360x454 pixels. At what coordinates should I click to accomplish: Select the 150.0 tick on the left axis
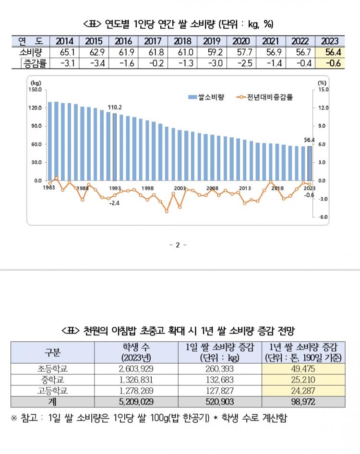tap(35, 90)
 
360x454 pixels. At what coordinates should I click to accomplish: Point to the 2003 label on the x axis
tap(180, 188)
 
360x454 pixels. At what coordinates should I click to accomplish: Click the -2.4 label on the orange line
tap(114, 203)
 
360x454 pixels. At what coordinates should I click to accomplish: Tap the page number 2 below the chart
tap(177, 245)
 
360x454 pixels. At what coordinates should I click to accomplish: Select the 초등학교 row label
tap(52, 369)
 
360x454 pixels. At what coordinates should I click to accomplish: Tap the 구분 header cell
tap(52, 353)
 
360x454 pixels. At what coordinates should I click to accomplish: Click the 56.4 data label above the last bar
tap(309, 140)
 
